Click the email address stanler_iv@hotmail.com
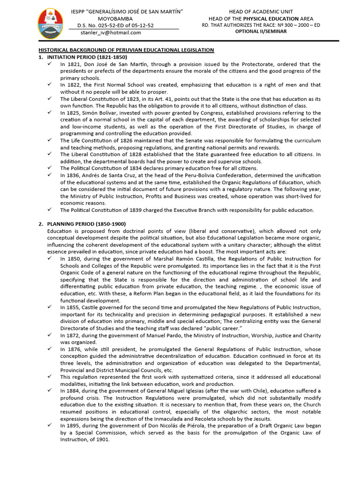coord(111,33)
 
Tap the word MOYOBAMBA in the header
coord(121,18)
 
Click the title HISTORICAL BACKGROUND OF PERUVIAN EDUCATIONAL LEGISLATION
coord(126,50)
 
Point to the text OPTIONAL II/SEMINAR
coord(261,31)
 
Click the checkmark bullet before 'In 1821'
coord(50,64)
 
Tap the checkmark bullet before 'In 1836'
coord(50,175)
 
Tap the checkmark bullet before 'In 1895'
coord(50,426)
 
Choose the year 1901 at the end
coord(102,440)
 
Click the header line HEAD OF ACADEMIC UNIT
coord(261,11)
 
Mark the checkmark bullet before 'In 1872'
coord(50,336)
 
